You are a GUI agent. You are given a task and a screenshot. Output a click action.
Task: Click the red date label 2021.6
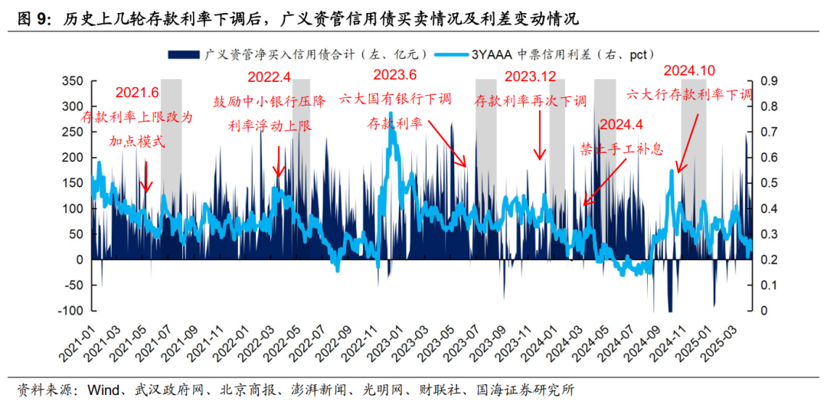pos(137,93)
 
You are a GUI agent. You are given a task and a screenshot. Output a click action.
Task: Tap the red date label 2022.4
pos(270,77)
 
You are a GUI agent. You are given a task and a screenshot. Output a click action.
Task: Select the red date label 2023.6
pos(394,74)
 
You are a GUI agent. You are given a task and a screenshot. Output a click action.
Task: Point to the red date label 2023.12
pos(531,77)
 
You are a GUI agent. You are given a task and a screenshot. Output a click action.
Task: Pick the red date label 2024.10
pos(688,70)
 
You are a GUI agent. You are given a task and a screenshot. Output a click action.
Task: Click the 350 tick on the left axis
pos(70,81)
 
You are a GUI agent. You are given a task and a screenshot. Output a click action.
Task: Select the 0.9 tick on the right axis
pos(768,81)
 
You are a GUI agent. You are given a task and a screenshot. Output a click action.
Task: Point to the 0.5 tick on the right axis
pos(768,183)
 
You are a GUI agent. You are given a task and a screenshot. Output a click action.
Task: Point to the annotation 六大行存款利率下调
pos(689,95)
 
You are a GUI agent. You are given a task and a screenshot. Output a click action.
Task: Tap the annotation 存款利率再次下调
pos(531,101)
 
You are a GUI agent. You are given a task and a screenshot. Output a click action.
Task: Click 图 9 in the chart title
pos(34,16)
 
